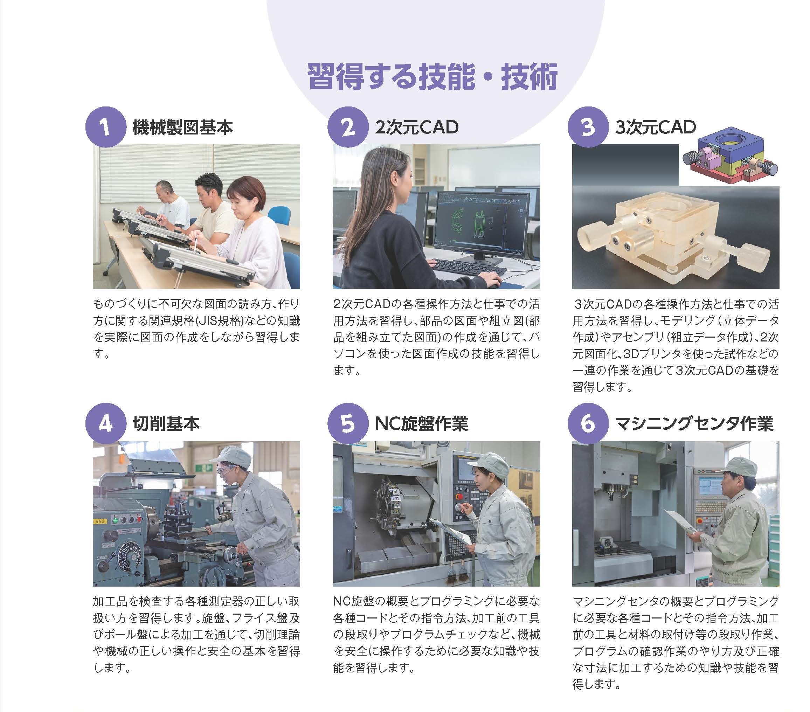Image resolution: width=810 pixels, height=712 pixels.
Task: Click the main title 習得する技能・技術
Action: coord(432,77)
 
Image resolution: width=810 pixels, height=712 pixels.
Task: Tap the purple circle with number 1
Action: coord(105,127)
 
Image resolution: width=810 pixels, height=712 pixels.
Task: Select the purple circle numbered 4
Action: coord(105,423)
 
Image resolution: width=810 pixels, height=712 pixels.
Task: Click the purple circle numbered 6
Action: coord(587,423)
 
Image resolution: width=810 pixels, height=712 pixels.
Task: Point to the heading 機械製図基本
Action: coord(183,127)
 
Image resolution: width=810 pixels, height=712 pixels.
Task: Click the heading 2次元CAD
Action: coord(416,127)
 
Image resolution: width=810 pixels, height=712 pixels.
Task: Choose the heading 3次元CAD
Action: coord(656,127)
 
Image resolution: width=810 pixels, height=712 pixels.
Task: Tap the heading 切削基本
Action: coord(166,423)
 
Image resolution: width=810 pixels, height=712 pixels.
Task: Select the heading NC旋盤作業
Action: coord(421,423)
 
